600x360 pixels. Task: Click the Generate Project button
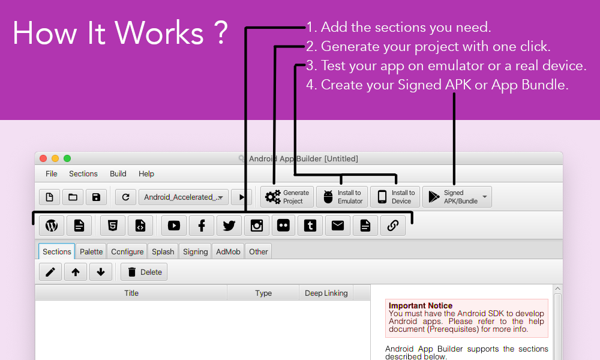pos(287,197)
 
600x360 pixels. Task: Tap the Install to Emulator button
pos(342,197)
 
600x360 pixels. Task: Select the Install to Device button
pos(395,197)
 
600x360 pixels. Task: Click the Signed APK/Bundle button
pos(457,197)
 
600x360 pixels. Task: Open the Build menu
pos(118,173)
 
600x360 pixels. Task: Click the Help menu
pos(146,173)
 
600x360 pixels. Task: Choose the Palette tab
pos(91,251)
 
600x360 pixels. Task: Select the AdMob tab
pos(228,251)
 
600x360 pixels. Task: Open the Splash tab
pos(163,251)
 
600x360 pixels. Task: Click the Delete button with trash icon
pos(144,272)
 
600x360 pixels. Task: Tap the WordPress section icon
pos(52,226)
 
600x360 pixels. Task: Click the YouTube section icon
pos(174,226)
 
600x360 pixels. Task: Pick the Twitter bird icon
pos(229,226)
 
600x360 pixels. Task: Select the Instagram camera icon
pos(256,226)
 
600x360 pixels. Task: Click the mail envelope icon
pos(337,226)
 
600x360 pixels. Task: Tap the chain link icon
pos(392,226)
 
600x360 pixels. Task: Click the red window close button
pos(43,158)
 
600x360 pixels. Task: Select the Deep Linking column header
pos(326,293)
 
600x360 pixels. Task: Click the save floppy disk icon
pos(96,197)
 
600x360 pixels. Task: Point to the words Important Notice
pos(421,305)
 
